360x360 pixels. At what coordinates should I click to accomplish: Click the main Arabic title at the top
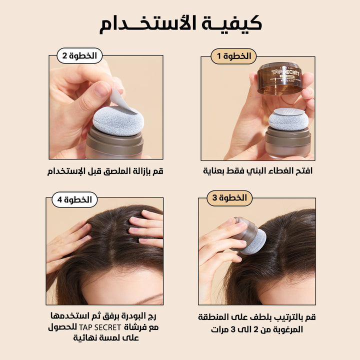tap(180, 24)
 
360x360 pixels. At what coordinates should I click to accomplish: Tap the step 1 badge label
tap(233, 56)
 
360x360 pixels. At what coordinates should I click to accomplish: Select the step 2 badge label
tap(79, 56)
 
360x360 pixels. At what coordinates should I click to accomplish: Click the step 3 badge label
tap(229, 198)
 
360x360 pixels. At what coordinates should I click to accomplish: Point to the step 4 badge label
tap(74, 199)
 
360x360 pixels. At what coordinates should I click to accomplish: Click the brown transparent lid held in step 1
tap(280, 78)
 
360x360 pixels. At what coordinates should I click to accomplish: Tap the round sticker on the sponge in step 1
tap(289, 111)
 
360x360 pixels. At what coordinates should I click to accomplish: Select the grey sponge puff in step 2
tap(118, 121)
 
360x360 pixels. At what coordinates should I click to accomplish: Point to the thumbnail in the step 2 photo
tap(102, 89)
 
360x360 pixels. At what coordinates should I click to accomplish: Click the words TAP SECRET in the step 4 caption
tap(100, 327)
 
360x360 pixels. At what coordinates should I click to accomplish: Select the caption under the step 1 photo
tap(257, 171)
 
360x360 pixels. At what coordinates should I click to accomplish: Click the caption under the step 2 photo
tap(105, 171)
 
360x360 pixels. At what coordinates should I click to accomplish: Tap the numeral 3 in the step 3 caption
tap(233, 329)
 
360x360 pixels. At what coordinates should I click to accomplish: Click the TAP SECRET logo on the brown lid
tap(285, 72)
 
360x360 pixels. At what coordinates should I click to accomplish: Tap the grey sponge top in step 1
tap(288, 119)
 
